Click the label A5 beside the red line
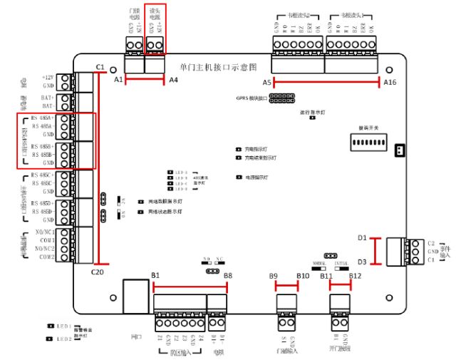[x=267, y=83]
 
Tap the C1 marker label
[x=100, y=67]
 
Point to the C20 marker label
[x=98, y=272]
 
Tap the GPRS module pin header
[x=283, y=98]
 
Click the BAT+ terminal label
[x=48, y=97]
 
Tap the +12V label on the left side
[x=48, y=77]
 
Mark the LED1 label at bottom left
[x=65, y=326]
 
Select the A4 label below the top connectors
[x=173, y=81]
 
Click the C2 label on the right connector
[x=431, y=243]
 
